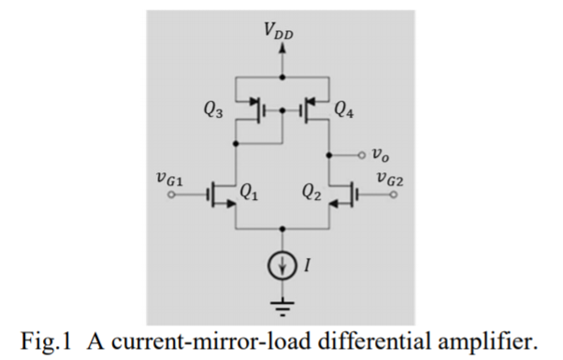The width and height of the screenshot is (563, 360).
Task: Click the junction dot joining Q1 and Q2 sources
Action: pos(282,228)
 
